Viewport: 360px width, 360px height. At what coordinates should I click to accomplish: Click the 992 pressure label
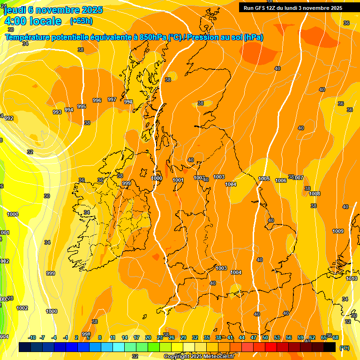coord(9,118)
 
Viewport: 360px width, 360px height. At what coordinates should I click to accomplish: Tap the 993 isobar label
coord(57,112)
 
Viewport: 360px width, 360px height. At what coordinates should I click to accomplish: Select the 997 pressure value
coord(112,99)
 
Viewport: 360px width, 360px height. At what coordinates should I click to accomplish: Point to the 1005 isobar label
coord(264,179)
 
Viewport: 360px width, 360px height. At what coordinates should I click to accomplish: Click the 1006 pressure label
coord(281,180)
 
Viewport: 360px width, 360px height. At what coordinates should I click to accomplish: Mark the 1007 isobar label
coord(299,178)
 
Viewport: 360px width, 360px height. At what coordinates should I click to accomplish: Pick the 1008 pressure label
coord(315,194)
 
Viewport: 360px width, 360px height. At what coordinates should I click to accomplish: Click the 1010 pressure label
coord(352,278)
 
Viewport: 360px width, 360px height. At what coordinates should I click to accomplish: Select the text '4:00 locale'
coord(33,21)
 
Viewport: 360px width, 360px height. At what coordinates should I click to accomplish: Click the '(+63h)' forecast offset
coord(81,21)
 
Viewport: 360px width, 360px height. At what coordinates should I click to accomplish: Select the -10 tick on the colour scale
coord(32,337)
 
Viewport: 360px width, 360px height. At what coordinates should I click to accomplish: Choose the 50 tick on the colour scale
coord(265,337)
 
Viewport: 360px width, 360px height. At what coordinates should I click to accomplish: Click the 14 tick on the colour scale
coord(125,337)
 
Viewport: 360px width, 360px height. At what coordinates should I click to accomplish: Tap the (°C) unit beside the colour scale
coord(344,347)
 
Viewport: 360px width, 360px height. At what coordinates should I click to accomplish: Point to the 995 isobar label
coord(82,106)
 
